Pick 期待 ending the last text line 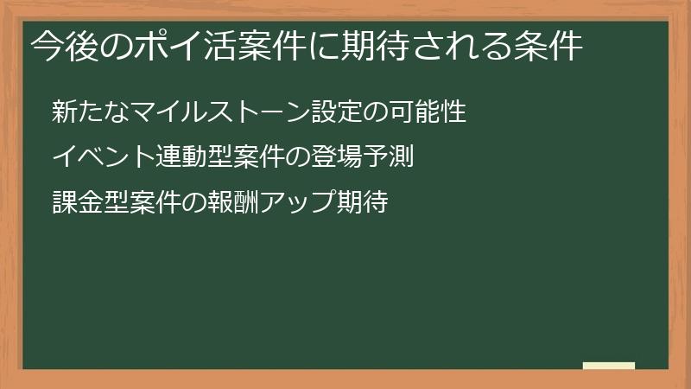(x=362, y=203)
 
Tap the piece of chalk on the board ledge (x=608, y=366)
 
